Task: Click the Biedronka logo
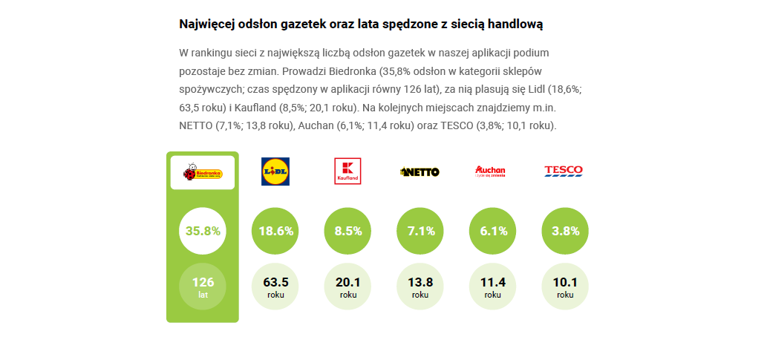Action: click(203, 173)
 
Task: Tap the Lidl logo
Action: click(275, 171)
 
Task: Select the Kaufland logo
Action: click(348, 171)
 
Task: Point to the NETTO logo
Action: click(420, 171)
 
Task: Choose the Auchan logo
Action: click(490, 171)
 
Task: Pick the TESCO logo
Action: click(564, 171)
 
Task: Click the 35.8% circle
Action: click(203, 231)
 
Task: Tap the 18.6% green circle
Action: click(275, 231)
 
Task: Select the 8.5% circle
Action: click(348, 231)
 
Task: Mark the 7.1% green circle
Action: click(420, 231)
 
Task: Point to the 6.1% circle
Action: click(493, 231)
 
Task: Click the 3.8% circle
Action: click(565, 231)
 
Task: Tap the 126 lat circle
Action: click(203, 286)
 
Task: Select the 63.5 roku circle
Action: click(275, 286)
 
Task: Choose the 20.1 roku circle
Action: click(348, 286)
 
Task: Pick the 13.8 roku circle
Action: click(420, 286)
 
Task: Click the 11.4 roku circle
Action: click(493, 286)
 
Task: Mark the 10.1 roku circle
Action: click(565, 286)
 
